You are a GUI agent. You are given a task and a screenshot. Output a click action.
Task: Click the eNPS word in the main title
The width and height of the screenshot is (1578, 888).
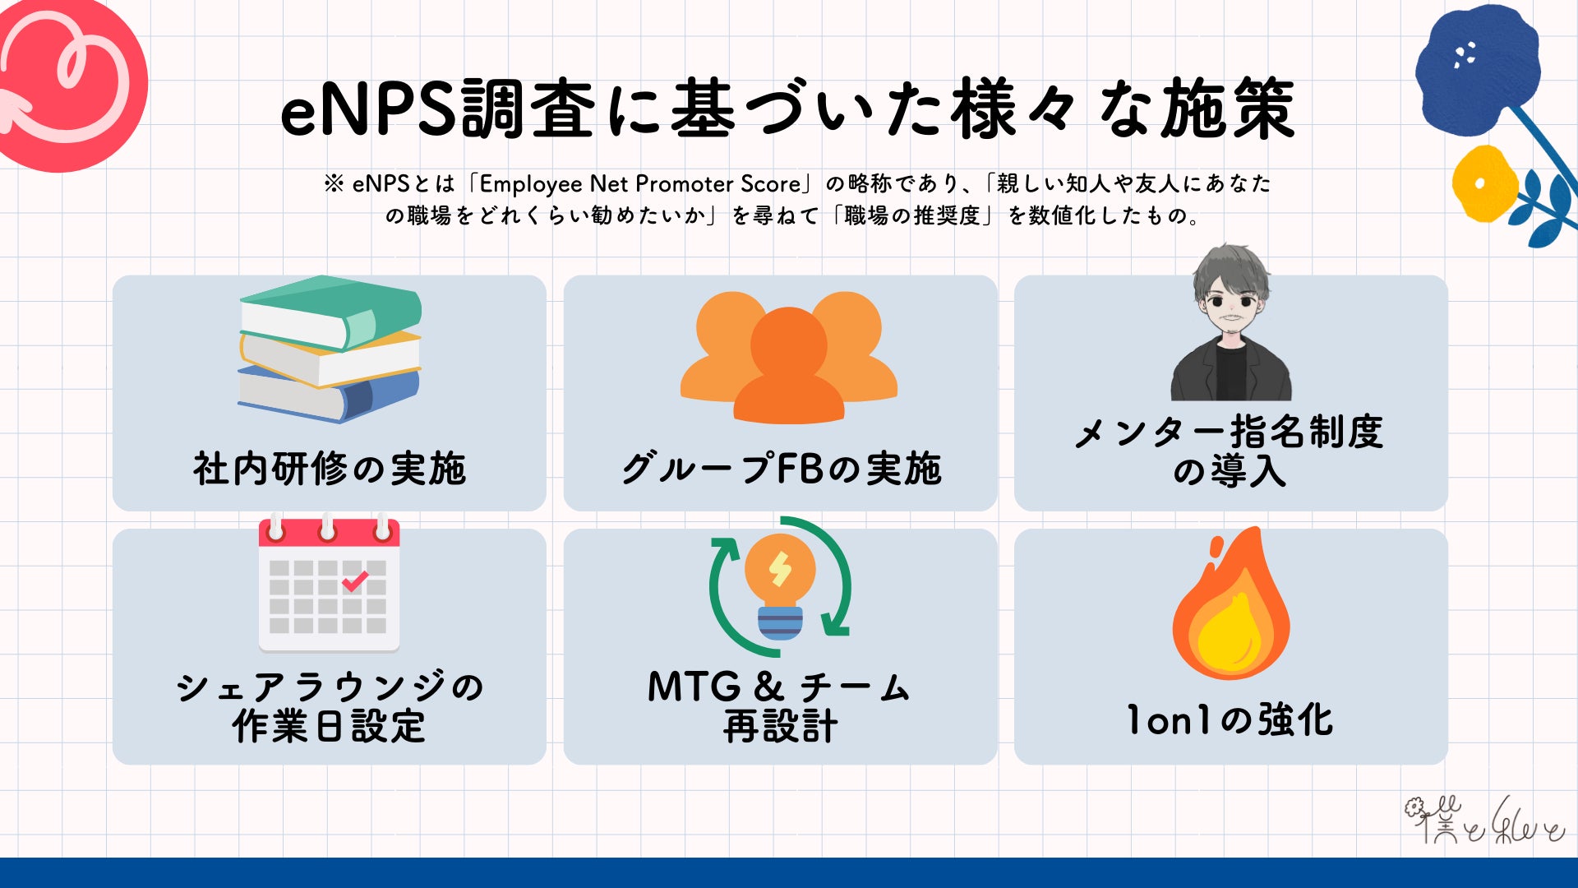pos(367,109)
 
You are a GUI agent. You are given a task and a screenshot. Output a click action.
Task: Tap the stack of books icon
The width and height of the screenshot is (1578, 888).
pos(330,349)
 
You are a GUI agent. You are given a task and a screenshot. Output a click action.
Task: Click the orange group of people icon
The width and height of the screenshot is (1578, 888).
pos(788,358)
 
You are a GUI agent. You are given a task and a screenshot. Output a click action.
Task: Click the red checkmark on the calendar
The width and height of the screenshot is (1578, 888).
pos(355,581)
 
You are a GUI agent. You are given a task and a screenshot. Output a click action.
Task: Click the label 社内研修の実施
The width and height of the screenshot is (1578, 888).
pos(330,469)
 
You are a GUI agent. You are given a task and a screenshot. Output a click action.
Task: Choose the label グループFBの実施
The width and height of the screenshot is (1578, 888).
pos(781,469)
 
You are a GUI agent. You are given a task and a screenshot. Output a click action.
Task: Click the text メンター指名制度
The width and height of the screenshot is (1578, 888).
pos(1230,432)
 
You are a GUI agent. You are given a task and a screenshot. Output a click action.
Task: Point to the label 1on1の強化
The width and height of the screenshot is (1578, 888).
pos(1230,720)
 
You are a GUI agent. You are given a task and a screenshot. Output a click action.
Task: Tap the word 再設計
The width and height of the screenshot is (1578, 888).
pos(780,726)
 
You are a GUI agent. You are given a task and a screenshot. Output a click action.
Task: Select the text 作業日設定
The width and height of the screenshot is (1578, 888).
pos(330,726)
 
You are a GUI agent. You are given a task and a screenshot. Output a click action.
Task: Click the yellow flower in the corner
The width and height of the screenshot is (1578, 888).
pos(1484,182)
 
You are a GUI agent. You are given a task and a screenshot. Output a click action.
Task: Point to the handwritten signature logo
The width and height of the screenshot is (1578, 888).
pos(1483,821)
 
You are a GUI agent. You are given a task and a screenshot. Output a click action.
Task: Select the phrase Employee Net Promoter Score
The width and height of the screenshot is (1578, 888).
pos(639,183)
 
